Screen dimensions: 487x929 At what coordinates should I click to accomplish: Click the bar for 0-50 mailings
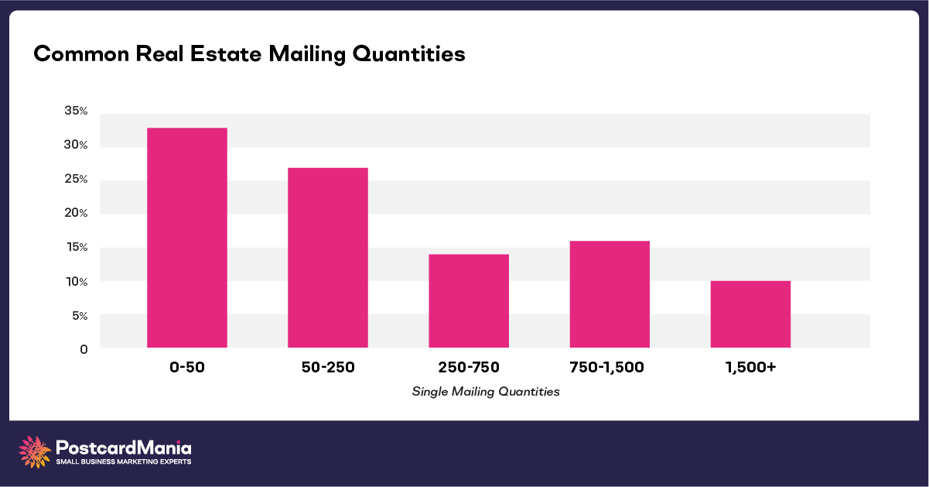point(186,238)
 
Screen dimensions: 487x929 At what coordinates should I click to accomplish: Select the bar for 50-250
point(327,258)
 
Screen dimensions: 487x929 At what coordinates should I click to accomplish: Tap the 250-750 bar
point(469,301)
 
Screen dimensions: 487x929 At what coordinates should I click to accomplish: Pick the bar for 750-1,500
point(610,294)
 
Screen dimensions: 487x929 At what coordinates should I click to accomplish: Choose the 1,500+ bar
point(750,314)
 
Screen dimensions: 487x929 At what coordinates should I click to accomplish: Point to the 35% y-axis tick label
point(77,111)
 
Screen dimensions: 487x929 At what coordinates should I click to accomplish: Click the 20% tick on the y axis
point(77,213)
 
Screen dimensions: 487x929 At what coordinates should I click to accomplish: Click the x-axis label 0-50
point(186,368)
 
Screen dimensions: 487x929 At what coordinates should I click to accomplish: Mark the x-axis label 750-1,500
point(610,368)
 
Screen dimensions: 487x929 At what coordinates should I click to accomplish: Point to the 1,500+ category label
point(750,368)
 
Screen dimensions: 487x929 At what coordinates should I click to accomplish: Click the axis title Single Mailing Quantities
point(486,392)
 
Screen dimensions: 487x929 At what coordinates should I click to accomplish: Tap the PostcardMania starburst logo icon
point(34,451)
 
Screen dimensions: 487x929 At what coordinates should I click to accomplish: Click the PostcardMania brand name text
point(124,448)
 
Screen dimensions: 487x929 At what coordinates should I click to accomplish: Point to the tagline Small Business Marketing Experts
point(124,461)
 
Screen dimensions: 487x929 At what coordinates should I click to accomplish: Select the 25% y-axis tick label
point(77,180)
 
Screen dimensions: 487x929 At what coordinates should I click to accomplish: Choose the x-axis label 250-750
point(469,368)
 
